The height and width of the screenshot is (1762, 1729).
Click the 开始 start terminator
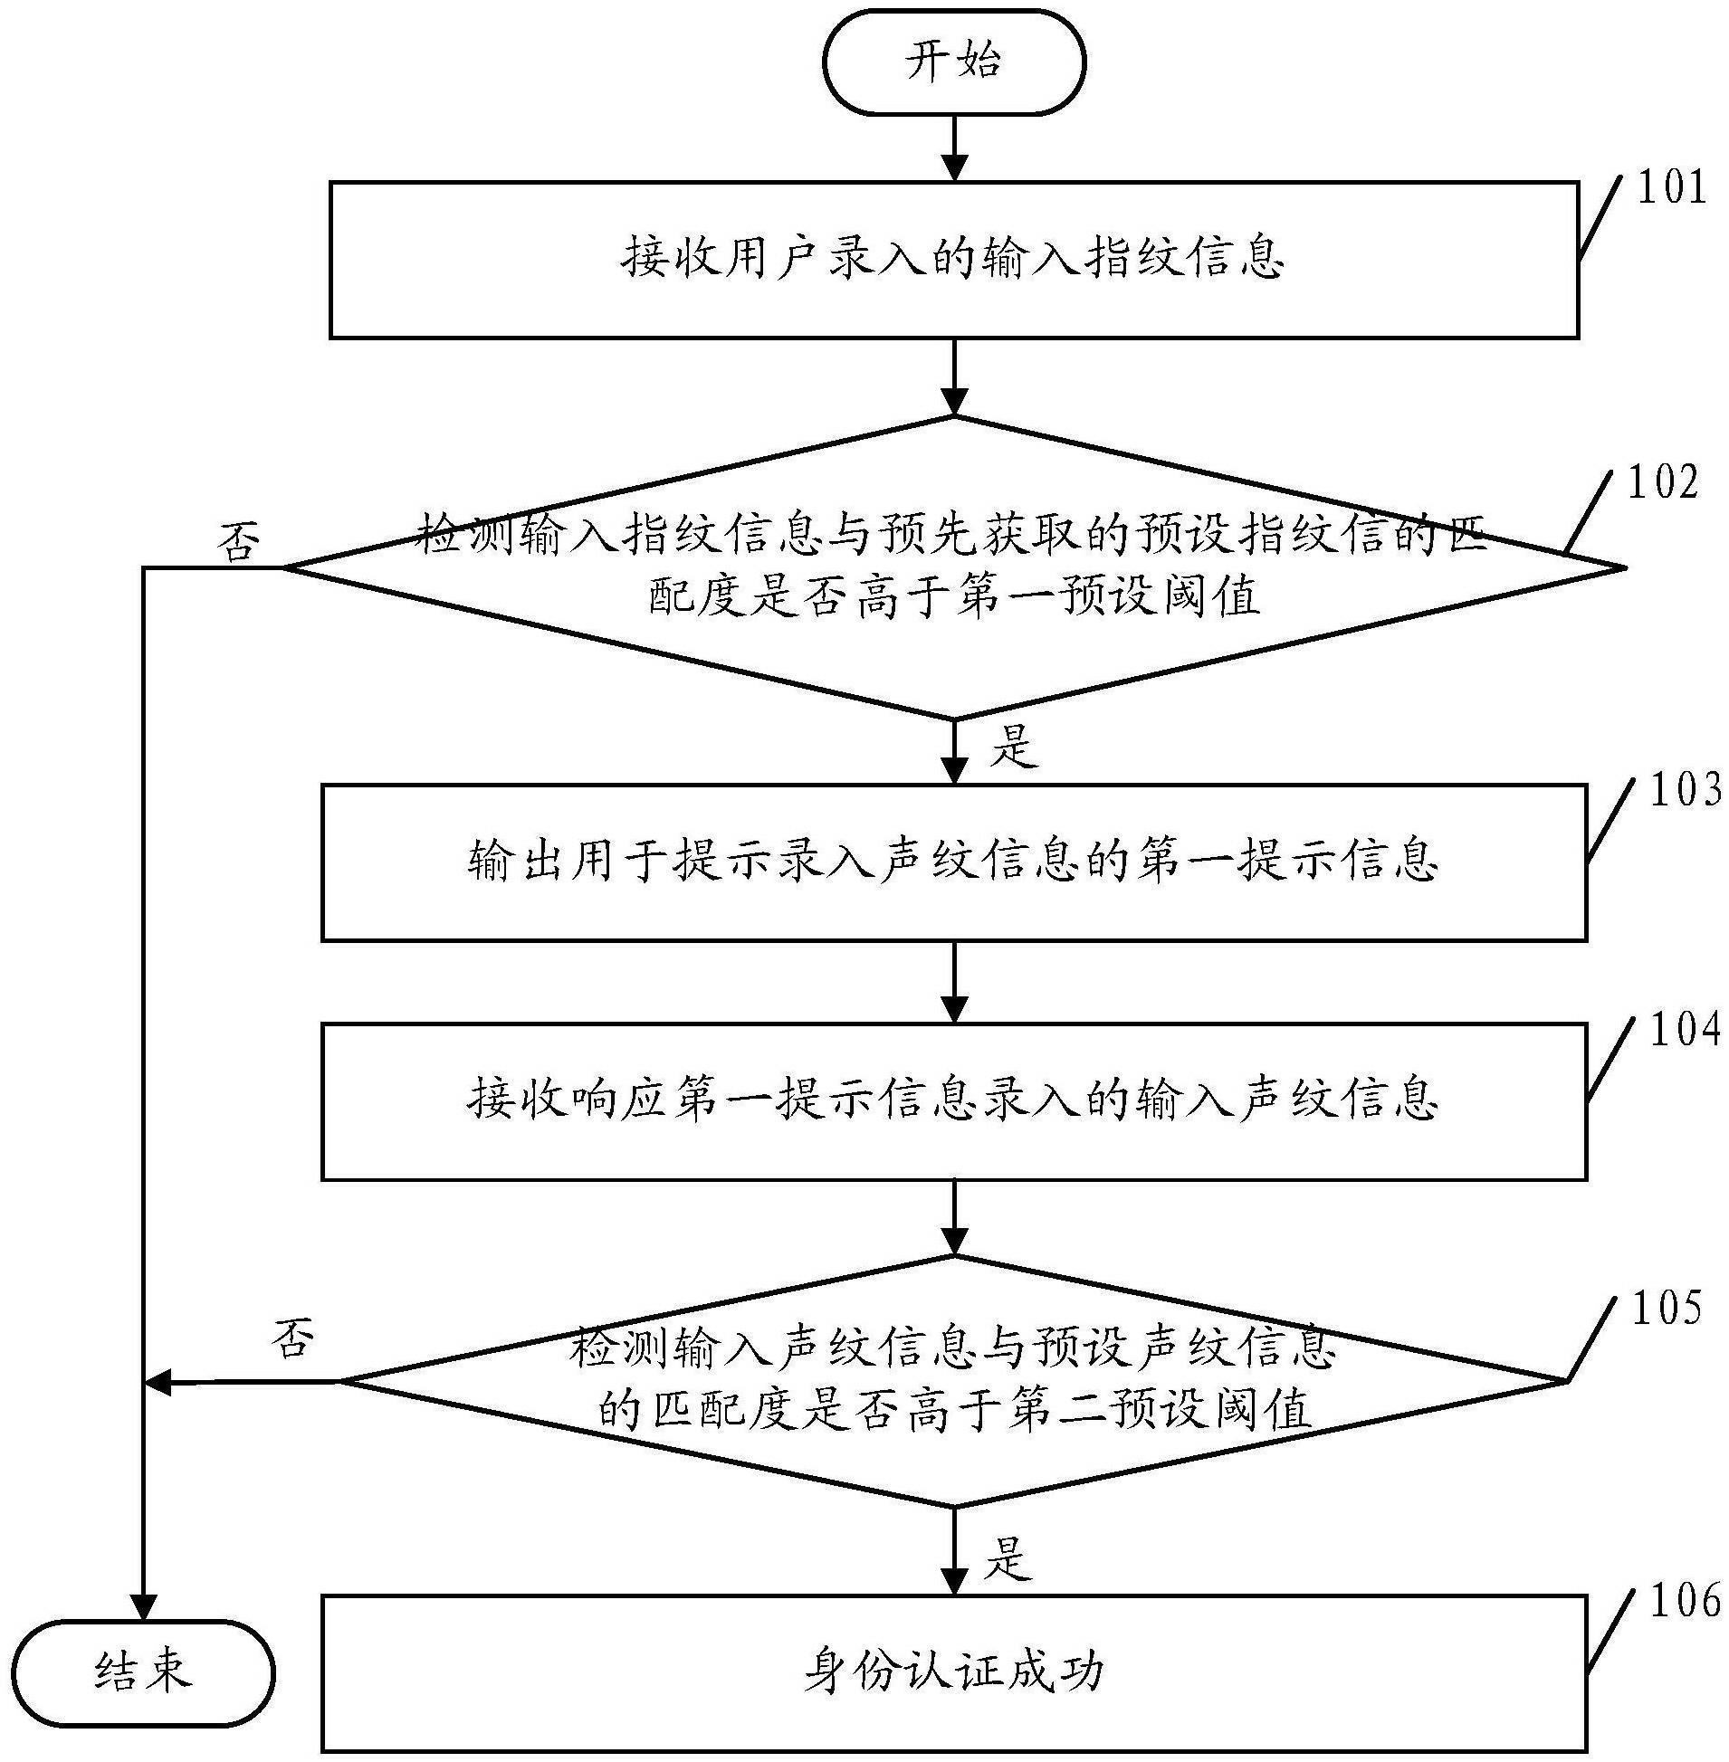tap(953, 62)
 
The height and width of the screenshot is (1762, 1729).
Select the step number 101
tap(1672, 188)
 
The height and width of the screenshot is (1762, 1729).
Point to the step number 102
tap(1663, 483)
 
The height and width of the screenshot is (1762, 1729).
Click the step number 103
tap(1685, 792)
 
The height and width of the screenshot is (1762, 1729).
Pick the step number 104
tap(1685, 1030)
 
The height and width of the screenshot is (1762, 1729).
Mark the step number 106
tap(1685, 1601)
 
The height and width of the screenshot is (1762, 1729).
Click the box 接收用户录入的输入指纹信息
tap(953, 260)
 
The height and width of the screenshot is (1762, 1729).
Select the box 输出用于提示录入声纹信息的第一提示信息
tap(953, 861)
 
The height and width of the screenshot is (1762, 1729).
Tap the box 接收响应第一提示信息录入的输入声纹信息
tap(953, 1100)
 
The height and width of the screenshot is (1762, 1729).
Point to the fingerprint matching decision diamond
tap(953, 567)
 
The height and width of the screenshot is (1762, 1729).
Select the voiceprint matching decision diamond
tap(953, 1381)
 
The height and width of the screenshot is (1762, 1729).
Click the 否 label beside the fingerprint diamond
tap(238, 542)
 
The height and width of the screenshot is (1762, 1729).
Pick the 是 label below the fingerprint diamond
tap(1012, 748)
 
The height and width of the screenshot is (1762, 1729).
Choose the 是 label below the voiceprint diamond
tap(1008, 1557)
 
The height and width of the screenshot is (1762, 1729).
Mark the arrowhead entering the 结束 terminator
tap(142, 1605)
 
